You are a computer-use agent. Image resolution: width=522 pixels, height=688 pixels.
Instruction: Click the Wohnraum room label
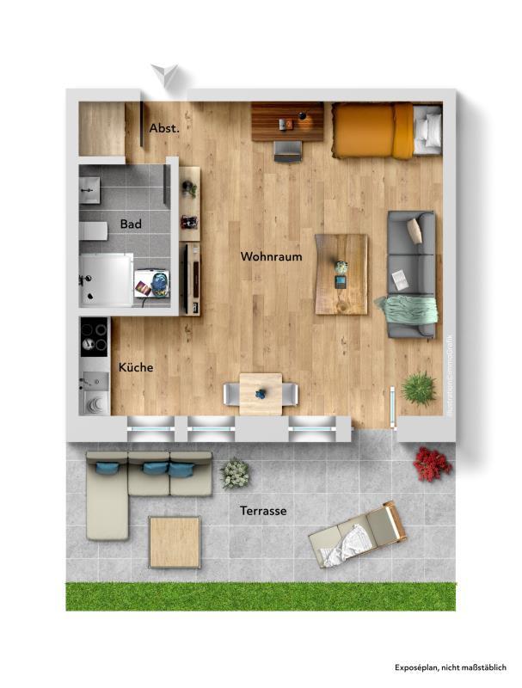pyautogui.click(x=271, y=256)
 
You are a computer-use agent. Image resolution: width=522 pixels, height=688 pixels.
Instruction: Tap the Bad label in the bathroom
pyautogui.click(x=131, y=224)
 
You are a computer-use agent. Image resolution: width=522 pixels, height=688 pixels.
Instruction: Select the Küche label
pyautogui.click(x=136, y=367)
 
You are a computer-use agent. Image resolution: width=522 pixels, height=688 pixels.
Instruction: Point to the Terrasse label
pyautogui.click(x=263, y=511)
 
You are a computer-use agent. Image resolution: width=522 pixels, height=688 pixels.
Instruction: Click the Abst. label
pyautogui.click(x=164, y=128)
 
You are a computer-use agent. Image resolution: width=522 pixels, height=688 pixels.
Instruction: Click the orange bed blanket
pyautogui.click(x=373, y=131)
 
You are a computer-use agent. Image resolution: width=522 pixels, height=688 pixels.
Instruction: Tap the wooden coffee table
pyautogui.click(x=341, y=274)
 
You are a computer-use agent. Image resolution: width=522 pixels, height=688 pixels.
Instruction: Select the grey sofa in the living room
pyautogui.click(x=411, y=274)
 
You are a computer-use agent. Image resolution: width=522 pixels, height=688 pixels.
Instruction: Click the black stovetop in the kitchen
pyautogui.click(x=95, y=337)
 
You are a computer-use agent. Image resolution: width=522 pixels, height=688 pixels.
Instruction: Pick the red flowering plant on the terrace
pyautogui.click(x=432, y=464)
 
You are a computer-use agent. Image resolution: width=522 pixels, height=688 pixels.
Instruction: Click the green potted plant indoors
pyautogui.click(x=419, y=389)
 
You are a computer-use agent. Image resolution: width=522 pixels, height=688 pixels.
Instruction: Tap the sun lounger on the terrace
pyautogui.click(x=358, y=534)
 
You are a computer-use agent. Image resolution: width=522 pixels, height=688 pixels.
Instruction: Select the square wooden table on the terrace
pyautogui.click(x=175, y=543)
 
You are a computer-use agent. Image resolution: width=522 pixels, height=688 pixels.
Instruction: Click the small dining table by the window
pyautogui.click(x=261, y=394)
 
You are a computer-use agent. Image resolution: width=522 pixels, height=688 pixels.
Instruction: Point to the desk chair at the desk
pyautogui.click(x=288, y=152)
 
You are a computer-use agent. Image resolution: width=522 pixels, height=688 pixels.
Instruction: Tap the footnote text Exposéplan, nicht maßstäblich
pyautogui.click(x=451, y=667)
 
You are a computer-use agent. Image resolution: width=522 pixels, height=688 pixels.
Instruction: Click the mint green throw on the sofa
pyautogui.click(x=407, y=310)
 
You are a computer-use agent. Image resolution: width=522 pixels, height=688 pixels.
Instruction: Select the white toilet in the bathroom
pyautogui.click(x=93, y=231)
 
